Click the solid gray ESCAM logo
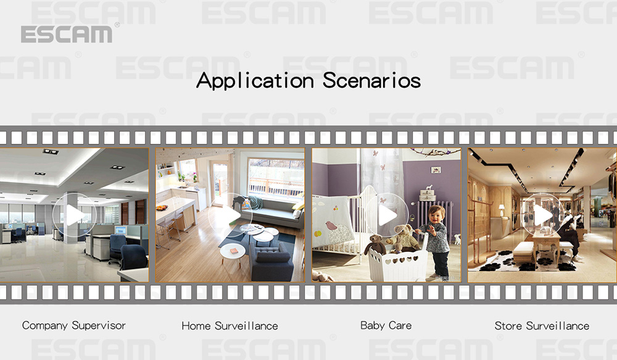coord(67,35)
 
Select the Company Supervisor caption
coord(73,325)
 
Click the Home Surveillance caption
coord(230,325)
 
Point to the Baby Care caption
coord(386,325)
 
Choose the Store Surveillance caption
coord(542,325)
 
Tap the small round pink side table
coord(230,250)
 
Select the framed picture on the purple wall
coord(436,170)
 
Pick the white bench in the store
coord(524,249)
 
